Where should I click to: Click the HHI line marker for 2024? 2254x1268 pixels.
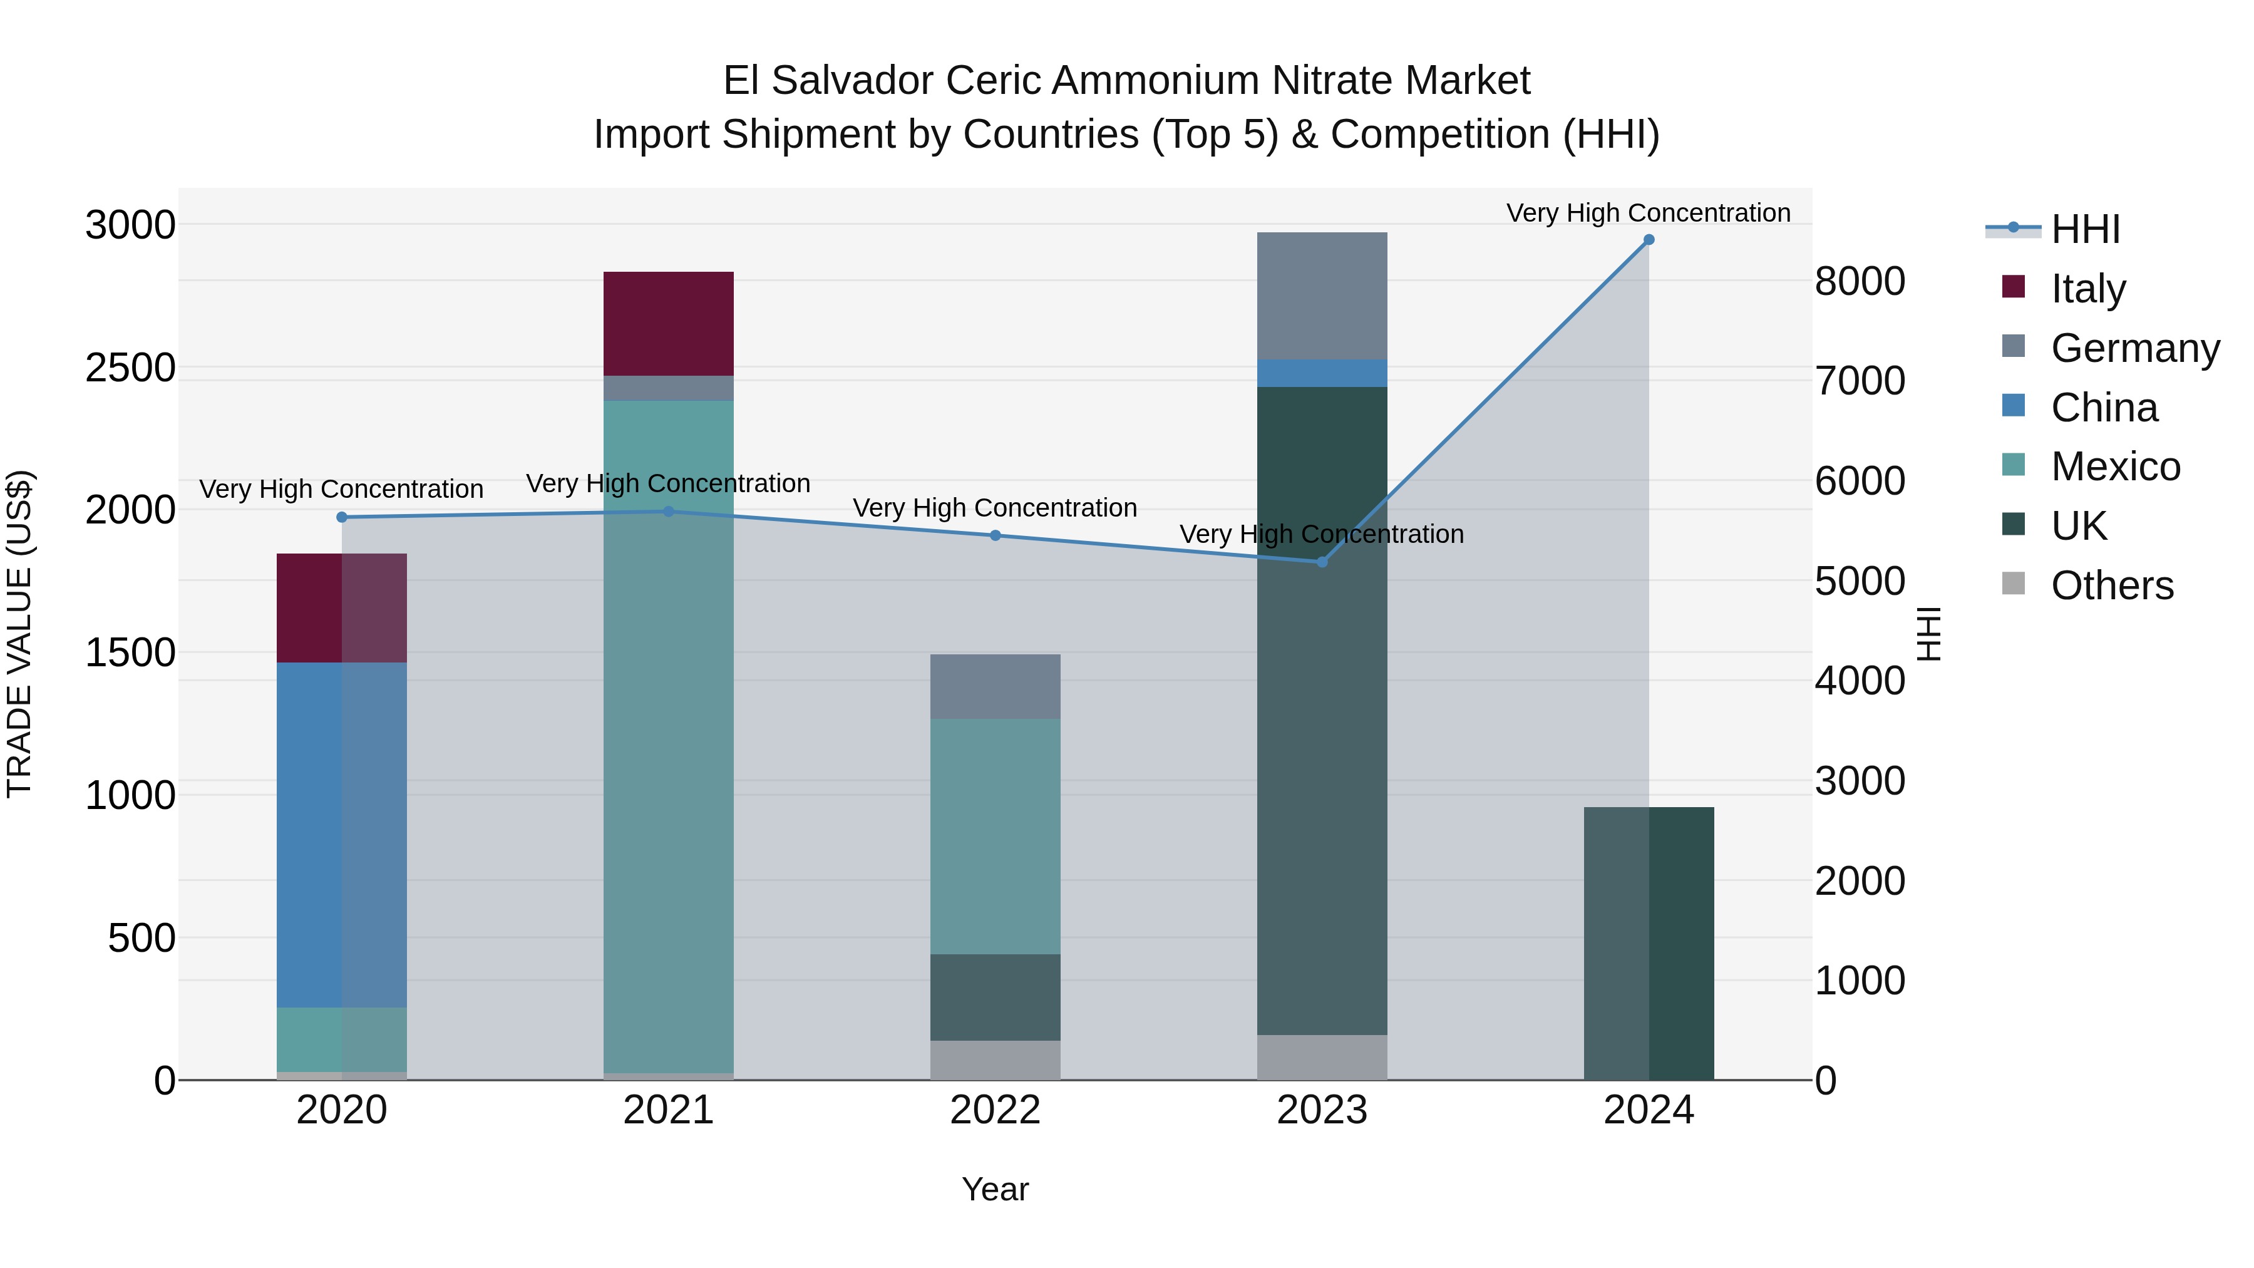(x=1649, y=240)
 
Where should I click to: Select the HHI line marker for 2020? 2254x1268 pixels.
(x=342, y=517)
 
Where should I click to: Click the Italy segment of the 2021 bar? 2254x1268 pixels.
(x=669, y=324)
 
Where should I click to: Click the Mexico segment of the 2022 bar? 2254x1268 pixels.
(x=995, y=836)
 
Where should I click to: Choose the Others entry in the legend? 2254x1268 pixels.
(x=2111, y=585)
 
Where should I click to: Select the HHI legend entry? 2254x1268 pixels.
(x=2084, y=229)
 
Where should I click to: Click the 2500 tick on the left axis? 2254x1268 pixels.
(x=130, y=368)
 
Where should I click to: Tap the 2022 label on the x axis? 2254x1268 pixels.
(x=995, y=1110)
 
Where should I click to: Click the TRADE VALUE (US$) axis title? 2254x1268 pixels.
(x=19, y=634)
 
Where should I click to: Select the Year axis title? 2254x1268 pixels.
(x=995, y=1189)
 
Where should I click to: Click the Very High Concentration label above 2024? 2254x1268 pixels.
(x=1649, y=213)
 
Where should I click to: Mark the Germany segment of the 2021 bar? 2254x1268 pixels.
(x=669, y=388)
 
